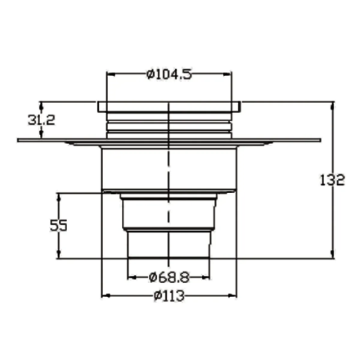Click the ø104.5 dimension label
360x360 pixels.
(x=169, y=74)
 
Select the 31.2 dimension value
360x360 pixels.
(x=42, y=120)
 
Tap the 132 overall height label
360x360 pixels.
(x=332, y=180)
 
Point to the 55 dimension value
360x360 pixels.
(x=59, y=225)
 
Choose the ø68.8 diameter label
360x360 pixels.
(x=169, y=278)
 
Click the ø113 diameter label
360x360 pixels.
(x=169, y=296)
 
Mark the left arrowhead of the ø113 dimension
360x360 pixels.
(x=106, y=296)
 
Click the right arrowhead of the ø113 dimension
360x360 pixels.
(x=233, y=296)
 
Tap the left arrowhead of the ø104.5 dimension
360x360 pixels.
(x=111, y=74)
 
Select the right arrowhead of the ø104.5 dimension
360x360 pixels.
(x=228, y=74)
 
